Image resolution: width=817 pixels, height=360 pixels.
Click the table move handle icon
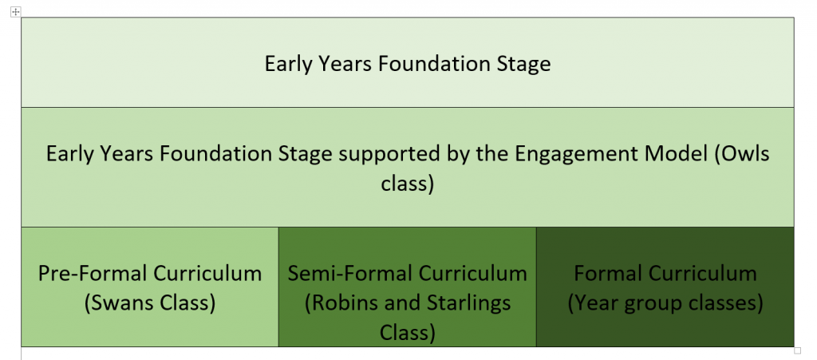[16, 11]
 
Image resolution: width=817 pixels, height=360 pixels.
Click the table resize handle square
[798, 350]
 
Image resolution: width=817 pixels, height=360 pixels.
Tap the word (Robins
[338, 303]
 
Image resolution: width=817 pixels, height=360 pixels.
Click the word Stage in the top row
[523, 65]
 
